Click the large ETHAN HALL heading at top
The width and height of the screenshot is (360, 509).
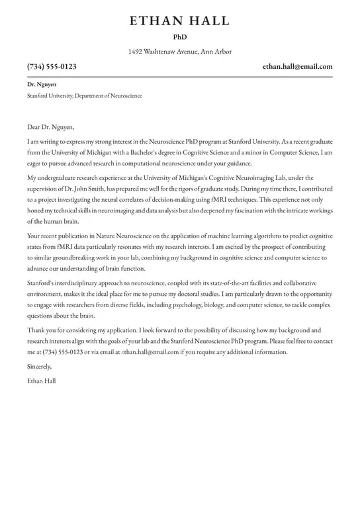point(180,21)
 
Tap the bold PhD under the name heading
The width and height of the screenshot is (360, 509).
point(180,38)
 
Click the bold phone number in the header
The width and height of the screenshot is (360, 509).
point(52,67)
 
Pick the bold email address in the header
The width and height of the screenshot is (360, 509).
point(297,67)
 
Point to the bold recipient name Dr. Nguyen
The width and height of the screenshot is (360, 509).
point(42,85)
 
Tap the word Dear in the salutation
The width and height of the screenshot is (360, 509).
point(34,127)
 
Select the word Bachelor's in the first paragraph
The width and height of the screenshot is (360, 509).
point(146,152)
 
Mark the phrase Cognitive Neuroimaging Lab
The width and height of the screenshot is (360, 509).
point(259,178)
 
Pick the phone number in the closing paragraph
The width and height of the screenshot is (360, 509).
point(64,352)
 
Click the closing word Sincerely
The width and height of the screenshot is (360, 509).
point(39,366)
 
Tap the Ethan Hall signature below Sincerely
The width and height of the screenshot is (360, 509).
point(42,381)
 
